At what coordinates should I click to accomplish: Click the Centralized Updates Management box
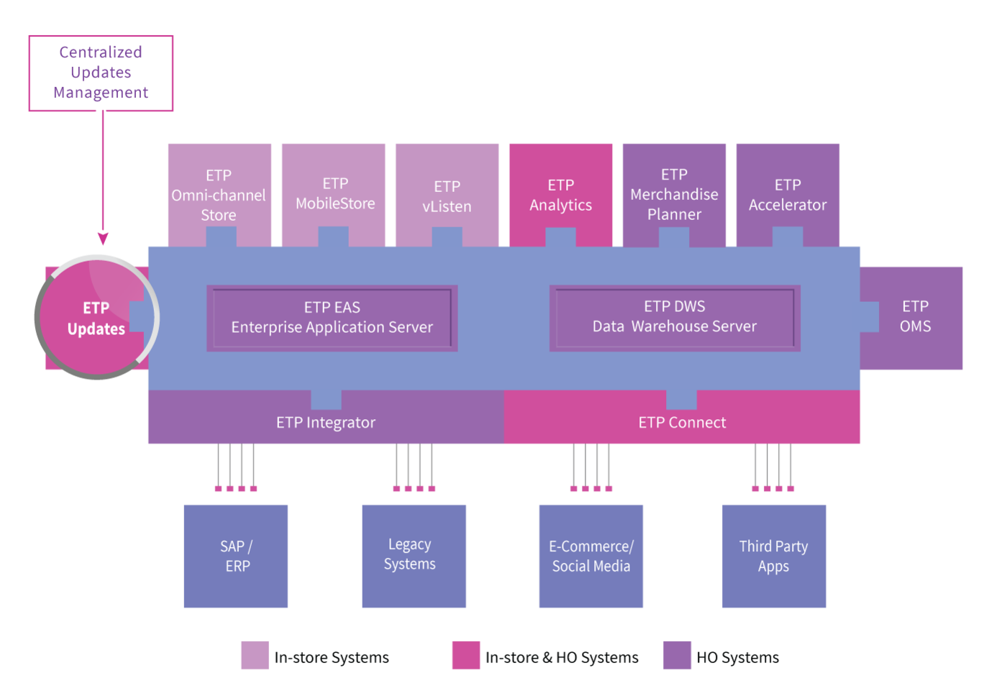point(101,73)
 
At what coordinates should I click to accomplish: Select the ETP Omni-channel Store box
point(219,195)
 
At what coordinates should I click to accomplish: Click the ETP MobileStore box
point(333,195)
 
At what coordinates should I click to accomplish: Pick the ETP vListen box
point(447,195)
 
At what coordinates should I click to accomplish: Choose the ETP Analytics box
point(560,195)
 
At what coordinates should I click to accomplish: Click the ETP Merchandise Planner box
point(674,195)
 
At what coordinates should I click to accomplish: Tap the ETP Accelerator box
point(788,195)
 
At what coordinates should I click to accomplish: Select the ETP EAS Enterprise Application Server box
point(332,318)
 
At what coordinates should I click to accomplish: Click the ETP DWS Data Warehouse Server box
point(675,318)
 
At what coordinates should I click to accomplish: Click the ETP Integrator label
point(326,423)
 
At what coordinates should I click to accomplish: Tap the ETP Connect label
point(682,423)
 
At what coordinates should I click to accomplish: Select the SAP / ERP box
point(236,556)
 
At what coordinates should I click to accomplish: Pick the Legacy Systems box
point(414,556)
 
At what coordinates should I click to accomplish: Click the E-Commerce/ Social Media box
point(591,556)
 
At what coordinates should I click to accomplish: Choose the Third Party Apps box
point(774,556)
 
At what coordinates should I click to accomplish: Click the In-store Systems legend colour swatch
point(255,655)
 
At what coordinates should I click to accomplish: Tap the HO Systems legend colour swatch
point(677,655)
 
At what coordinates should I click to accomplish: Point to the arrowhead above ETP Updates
point(103,239)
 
